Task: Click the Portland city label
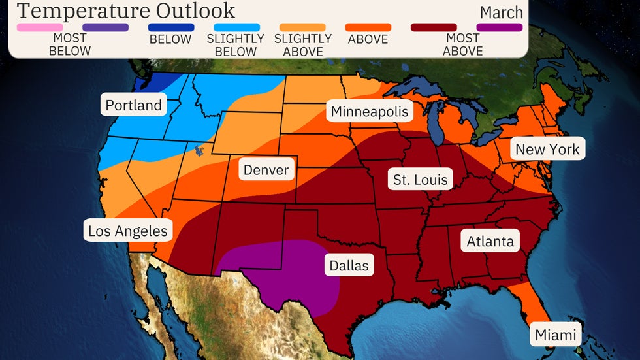pos(133,105)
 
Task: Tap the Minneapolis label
pos(369,111)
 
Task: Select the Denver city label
pos(266,171)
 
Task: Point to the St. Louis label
pos(421,179)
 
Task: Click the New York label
pos(547,149)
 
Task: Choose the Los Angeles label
pos(128,231)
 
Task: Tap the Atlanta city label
pos(490,241)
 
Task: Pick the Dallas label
pos(349,265)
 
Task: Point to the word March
pos(501,12)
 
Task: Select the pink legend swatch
pos(40,27)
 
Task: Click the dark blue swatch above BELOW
pos(171,27)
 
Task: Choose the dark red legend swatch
pos(434,27)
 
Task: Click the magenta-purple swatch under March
pos(500,27)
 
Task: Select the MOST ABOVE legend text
pos(462,44)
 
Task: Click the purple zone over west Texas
pos(281,271)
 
